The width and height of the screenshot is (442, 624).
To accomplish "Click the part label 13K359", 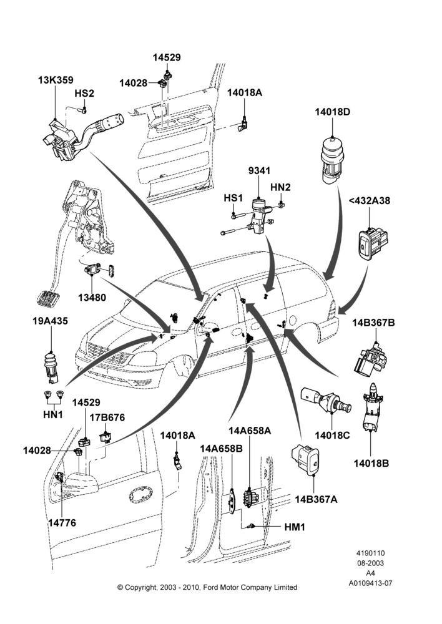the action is point(56,80).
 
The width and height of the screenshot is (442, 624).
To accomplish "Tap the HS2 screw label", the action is point(84,94).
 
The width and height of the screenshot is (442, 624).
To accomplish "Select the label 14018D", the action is point(333,112).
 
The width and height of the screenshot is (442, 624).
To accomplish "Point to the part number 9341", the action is point(259,171).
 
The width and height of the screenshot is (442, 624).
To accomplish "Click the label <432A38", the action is point(370,200).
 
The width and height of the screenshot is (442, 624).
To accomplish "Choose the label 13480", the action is point(92,297).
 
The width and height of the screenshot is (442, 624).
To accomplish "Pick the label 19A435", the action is point(50,321).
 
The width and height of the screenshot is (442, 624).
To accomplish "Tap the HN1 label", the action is point(53,414).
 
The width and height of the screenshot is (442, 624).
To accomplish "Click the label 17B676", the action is point(107,418).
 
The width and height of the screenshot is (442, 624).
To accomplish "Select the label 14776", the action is point(62,522).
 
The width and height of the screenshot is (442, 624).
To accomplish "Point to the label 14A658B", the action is point(221,449).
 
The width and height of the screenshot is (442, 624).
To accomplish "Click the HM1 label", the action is point(294,527).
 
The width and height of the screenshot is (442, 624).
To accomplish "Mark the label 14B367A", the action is point(316,499).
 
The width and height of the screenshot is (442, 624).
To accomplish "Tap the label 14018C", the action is point(332,436).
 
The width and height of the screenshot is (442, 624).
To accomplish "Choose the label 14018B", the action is point(371,463).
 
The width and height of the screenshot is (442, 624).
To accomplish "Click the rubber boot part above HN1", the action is point(51,364).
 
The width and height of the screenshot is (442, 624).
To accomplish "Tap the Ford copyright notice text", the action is point(207,587).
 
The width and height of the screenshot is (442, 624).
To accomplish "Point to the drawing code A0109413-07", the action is point(370,583).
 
